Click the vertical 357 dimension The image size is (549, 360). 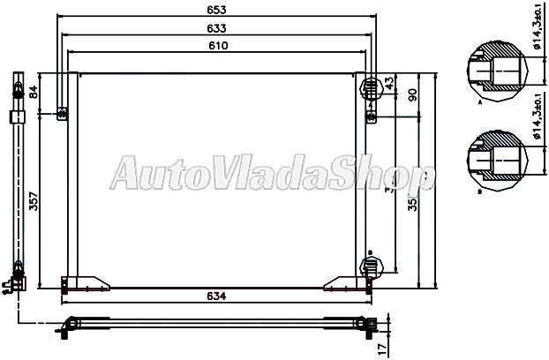(34, 202)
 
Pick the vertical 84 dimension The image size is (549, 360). (34, 91)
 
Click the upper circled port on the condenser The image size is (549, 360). (372, 86)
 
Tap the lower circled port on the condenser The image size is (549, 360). (372, 264)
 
